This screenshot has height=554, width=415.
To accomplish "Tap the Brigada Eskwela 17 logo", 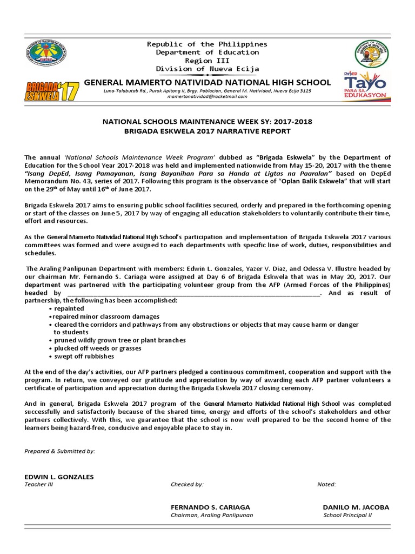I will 52,90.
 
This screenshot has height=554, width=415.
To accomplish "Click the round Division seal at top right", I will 372,56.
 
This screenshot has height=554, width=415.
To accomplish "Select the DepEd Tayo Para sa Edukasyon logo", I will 367,87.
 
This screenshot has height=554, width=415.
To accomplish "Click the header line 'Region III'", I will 207,61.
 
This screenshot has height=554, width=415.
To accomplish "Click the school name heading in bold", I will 207,82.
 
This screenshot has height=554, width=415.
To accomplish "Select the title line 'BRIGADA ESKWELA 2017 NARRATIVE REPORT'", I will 207,131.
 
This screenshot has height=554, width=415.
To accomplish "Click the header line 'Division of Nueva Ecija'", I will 207,69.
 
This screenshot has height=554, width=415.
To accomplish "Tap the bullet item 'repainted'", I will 69,308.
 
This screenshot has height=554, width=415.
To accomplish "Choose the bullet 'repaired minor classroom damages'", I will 105,316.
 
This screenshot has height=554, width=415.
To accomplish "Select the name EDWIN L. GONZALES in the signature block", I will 59,477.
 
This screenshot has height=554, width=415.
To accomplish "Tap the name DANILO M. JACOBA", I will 356,507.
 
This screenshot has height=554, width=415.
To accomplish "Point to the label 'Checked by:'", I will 187,484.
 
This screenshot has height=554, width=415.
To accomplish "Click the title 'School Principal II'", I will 347,515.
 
